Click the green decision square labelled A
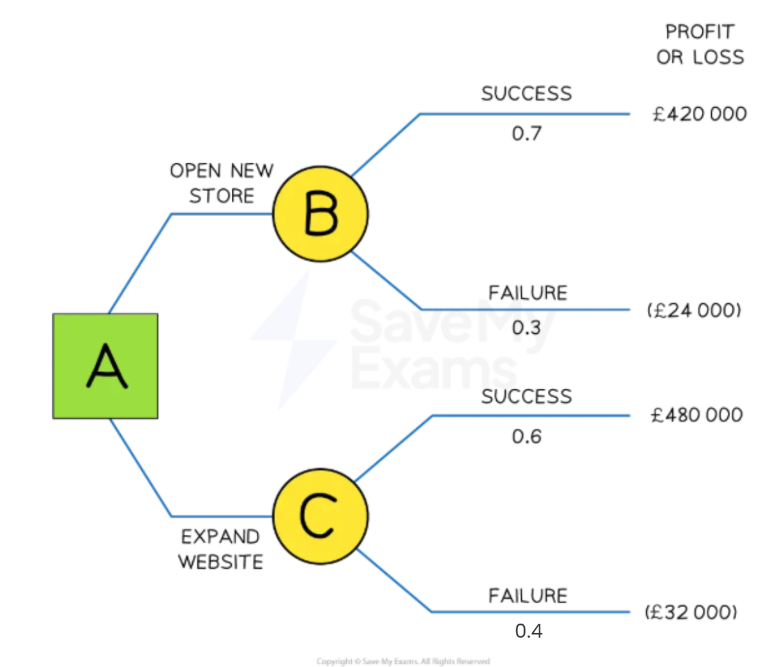click(x=105, y=366)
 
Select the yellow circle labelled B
click(x=321, y=214)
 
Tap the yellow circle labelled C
click(x=321, y=516)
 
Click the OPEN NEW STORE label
click(x=222, y=183)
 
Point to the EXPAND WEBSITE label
click(x=220, y=549)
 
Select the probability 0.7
click(x=526, y=133)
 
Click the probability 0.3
click(x=526, y=327)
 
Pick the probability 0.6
click(x=526, y=437)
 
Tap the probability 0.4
click(x=529, y=631)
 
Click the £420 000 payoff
click(x=699, y=114)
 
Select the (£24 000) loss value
click(x=694, y=310)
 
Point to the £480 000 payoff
click(x=697, y=416)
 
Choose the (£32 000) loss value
click(x=691, y=612)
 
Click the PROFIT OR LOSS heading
click(x=700, y=45)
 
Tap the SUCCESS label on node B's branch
click(x=526, y=94)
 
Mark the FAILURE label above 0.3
click(x=527, y=293)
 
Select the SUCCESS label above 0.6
click(x=526, y=396)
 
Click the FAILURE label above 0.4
click(x=527, y=596)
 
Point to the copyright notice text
click(x=403, y=661)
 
